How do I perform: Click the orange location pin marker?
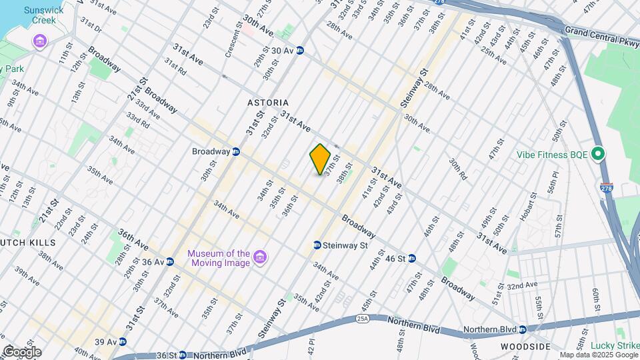click(x=320, y=159)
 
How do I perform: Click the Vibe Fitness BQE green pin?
click(x=598, y=155)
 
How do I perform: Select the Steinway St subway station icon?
click(x=317, y=245)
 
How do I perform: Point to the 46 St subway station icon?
click(x=412, y=258)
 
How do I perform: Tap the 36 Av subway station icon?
click(x=170, y=262)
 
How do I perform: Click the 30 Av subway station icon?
click(x=301, y=50)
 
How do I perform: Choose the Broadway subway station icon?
click(x=236, y=151)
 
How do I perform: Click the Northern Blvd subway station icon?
click(x=523, y=329)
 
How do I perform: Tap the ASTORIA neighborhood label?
click(x=268, y=103)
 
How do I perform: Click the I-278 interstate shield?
click(x=606, y=189)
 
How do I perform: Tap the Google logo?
click(x=21, y=351)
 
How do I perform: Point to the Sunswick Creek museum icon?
click(x=40, y=42)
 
